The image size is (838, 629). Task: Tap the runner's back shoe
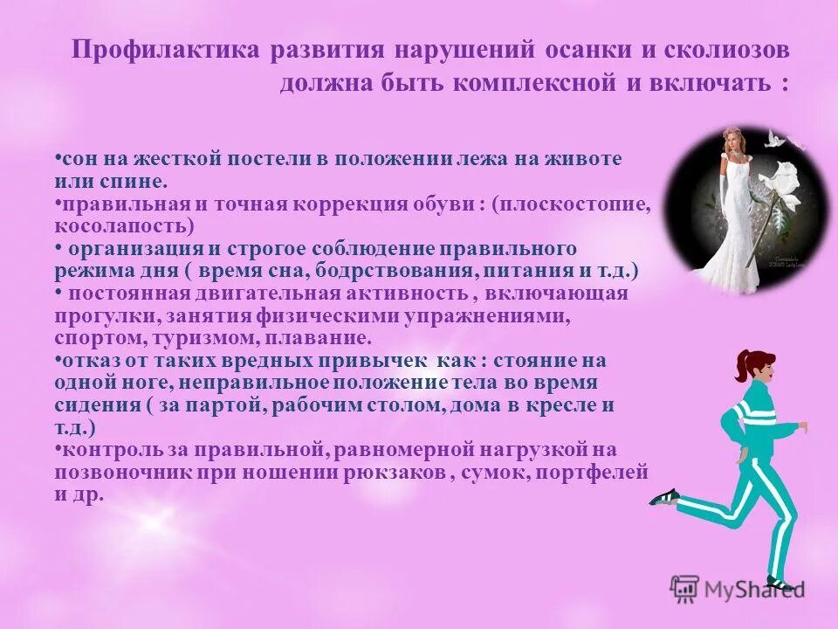pyautogui.click(x=663, y=497)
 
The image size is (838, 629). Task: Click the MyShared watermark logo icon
pyautogui.click(x=684, y=587)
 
